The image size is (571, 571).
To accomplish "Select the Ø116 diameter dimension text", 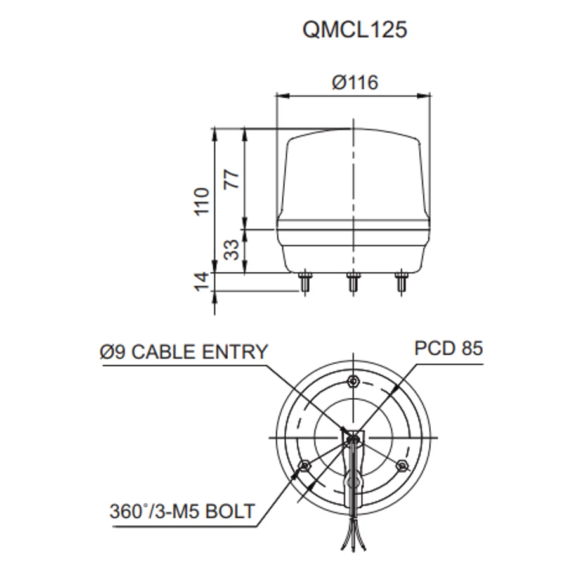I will pyautogui.click(x=354, y=82).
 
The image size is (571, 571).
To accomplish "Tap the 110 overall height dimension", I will pyautogui.click(x=202, y=202).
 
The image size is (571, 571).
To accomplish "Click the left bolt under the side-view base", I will pyautogui.click(x=306, y=282).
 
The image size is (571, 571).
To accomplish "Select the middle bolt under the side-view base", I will pyautogui.click(x=353, y=282).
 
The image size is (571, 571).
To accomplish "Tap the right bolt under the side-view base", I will pyautogui.click(x=400, y=282).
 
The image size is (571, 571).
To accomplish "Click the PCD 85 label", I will pyautogui.click(x=449, y=348).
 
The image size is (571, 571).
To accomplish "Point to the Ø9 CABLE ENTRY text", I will pyautogui.click(x=185, y=351).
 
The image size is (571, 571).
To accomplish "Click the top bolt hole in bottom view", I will pyautogui.click(x=353, y=381).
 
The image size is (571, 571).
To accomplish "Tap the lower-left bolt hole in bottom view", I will pyautogui.click(x=304, y=466).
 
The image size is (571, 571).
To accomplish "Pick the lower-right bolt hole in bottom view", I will pyautogui.click(x=401, y=466).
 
